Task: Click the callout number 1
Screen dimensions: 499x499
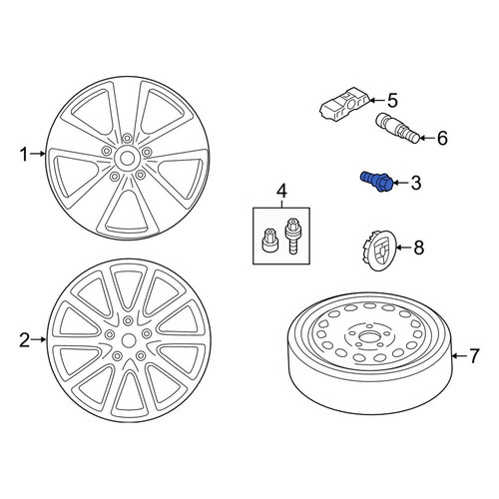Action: point(24,155)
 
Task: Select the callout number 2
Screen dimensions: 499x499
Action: point(24,340)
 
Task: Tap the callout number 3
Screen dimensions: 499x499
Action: point(416,183)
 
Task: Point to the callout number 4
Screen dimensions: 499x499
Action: point(281,192)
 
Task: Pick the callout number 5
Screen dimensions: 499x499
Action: point(392,101)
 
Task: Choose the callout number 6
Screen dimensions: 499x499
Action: point(442,138)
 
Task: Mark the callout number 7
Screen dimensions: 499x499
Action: point(474,356)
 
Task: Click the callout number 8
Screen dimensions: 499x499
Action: point(418,248)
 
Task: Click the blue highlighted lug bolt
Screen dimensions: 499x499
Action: point(377,181)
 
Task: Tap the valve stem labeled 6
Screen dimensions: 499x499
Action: point(397,129)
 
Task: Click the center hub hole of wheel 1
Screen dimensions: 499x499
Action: point(127,158)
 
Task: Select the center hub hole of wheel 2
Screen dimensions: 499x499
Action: point(129,340)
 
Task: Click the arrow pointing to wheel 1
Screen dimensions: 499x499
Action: point(38,154)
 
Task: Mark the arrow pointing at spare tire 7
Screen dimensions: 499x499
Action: point(460,356)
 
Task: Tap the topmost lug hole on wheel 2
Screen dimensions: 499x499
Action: point(128,320)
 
